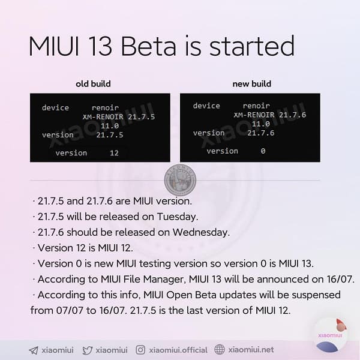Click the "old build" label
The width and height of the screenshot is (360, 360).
point(93,83)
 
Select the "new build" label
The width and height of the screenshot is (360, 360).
point(252,83)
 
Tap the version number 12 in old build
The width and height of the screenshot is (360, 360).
point(114,153)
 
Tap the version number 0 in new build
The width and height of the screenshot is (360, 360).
point(263,151)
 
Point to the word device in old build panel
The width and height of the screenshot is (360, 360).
point(55,108)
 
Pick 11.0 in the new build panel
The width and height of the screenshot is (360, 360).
point(260,124)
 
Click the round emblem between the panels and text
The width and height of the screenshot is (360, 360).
point(179,178)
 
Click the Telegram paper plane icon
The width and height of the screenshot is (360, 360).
point(34,350)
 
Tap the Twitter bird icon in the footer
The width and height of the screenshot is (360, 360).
point(88,350)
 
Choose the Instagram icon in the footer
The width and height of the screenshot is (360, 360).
point(141,350)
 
